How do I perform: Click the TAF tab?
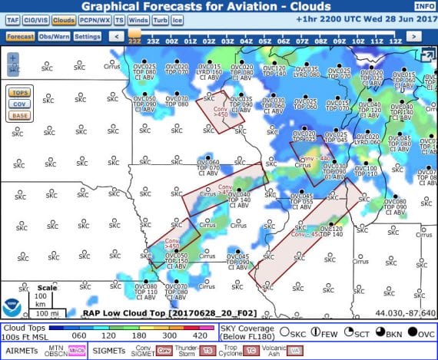(x=13, y=21)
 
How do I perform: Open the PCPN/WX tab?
(x=94, y=21)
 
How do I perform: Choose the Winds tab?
(x=139, y=21)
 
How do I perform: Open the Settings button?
(x=88, y=36)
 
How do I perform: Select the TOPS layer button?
(x=19, y=92)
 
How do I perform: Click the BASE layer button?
(x=19, y=116)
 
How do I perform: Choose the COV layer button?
(x=19, y=104)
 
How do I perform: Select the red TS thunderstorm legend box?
(x=208, y=351)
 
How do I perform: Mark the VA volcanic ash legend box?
(x=294, y=351)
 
